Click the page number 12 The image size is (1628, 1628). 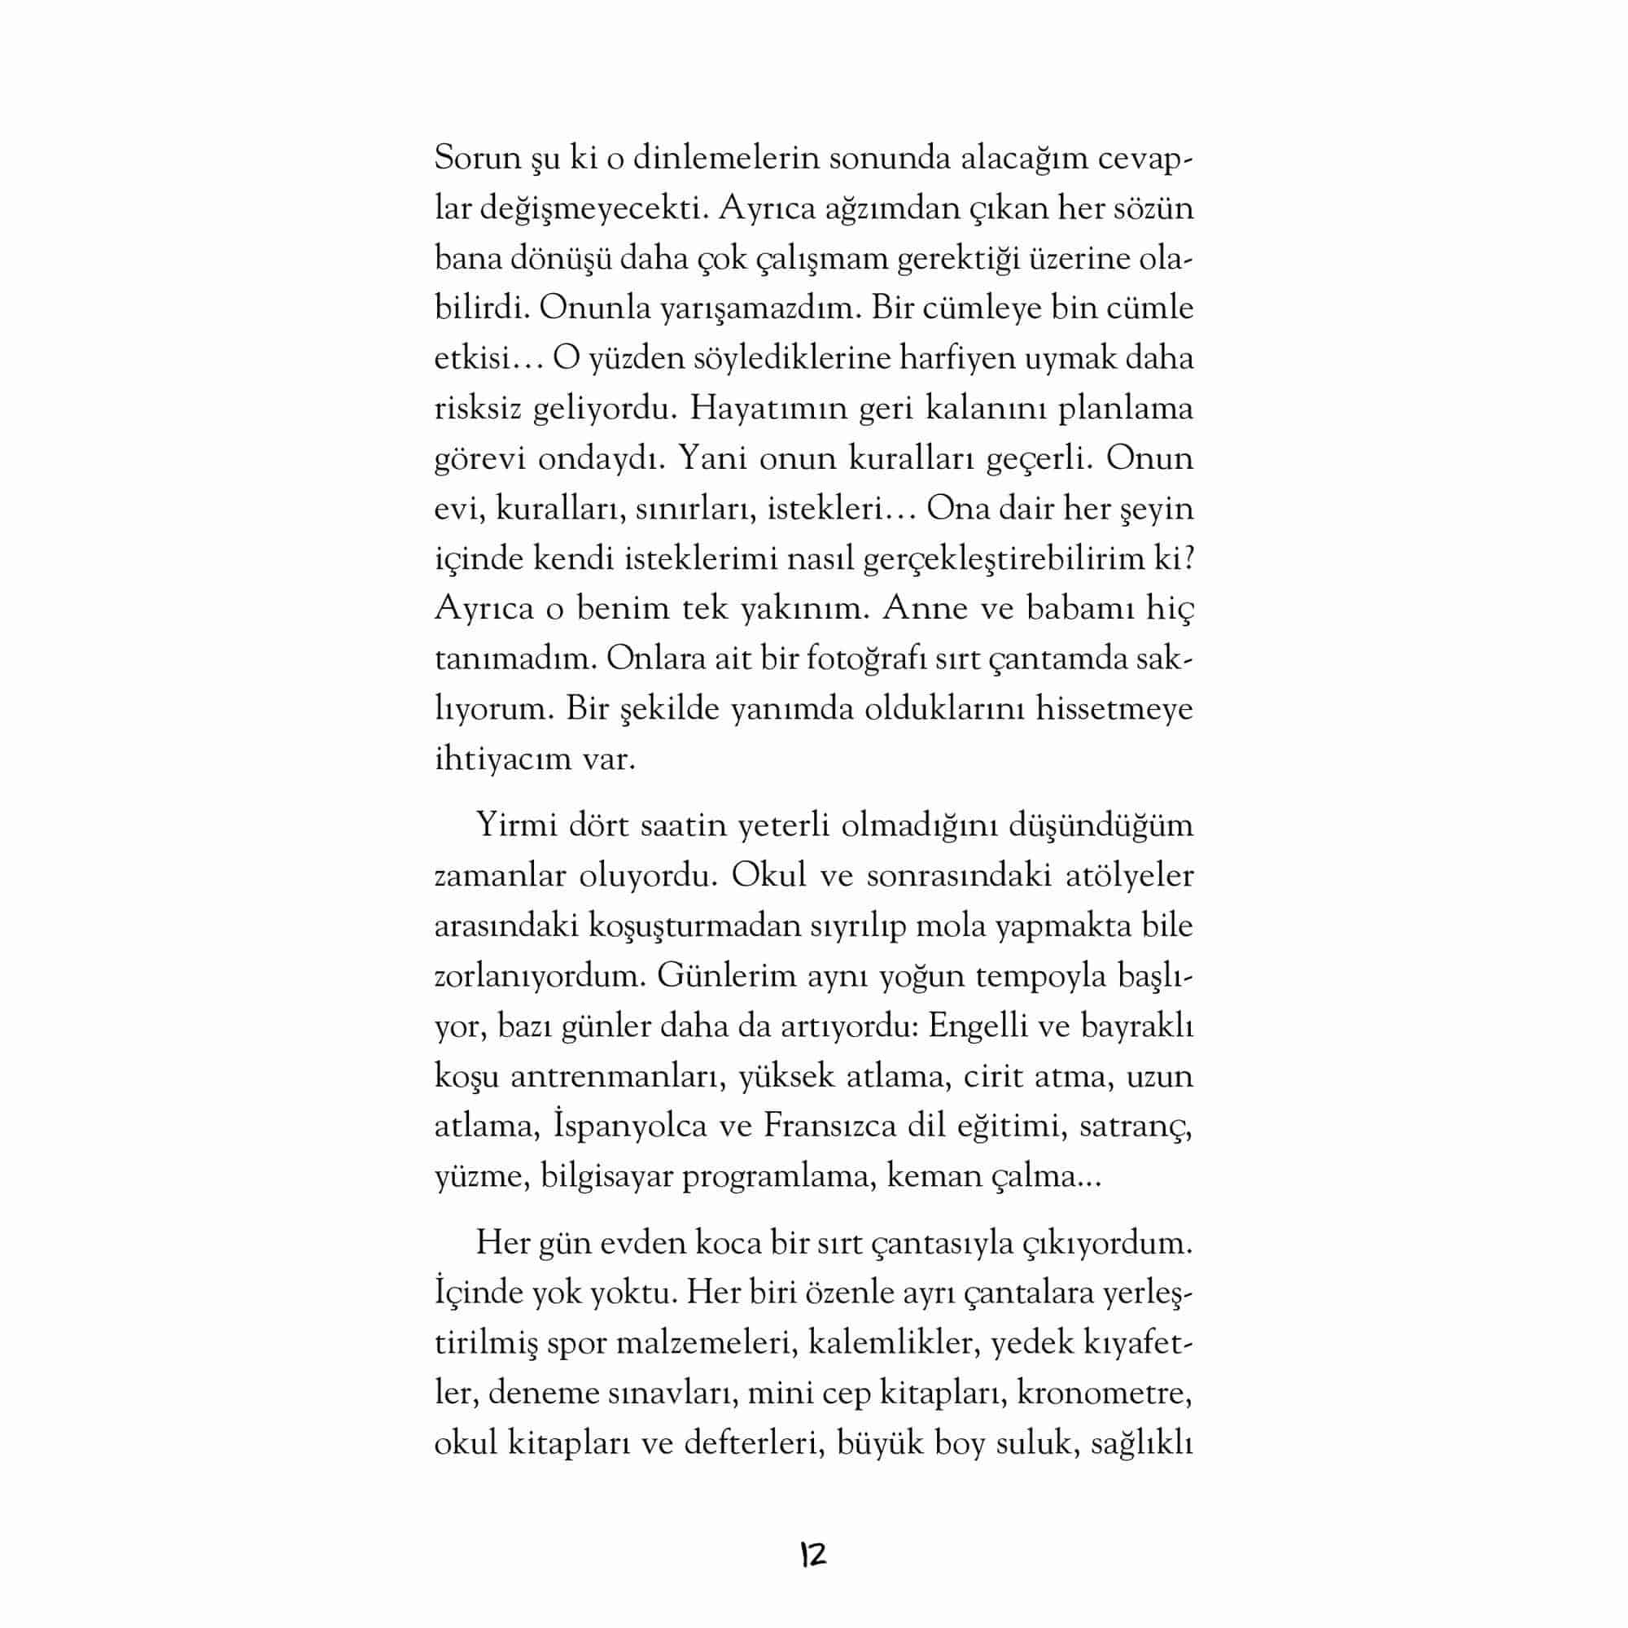point(813,1555)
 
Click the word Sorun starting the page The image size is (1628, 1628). point(477,159)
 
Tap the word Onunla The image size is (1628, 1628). point(595,309)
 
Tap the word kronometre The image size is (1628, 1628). point(1105,1393)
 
